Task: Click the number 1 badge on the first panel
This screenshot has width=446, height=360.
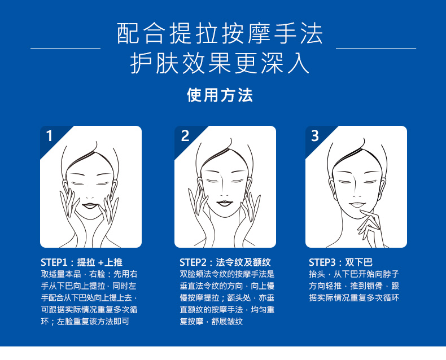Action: (49, 135)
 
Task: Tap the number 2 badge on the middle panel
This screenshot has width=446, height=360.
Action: (185, 135)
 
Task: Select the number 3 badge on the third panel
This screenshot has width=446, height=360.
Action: (315, 135)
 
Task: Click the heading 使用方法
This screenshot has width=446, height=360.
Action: (220, 95)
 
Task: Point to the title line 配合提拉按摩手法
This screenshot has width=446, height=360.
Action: (220, 33)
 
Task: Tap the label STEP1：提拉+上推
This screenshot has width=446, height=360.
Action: (82, 262)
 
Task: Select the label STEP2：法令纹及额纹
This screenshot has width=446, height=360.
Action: (225, 262)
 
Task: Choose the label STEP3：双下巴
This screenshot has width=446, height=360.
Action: (341, 262)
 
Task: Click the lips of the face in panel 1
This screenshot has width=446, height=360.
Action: (90, 205)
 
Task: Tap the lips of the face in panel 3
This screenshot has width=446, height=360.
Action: (357, 204)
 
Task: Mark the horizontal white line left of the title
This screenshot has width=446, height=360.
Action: (65, 48)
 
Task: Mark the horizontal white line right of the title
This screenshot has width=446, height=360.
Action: (376, 48)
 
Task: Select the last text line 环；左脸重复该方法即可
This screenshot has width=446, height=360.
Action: (85, 322)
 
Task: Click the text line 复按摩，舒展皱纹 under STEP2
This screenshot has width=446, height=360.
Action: (211, 322)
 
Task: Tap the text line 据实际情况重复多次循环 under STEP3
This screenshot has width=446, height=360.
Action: (354, 298)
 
